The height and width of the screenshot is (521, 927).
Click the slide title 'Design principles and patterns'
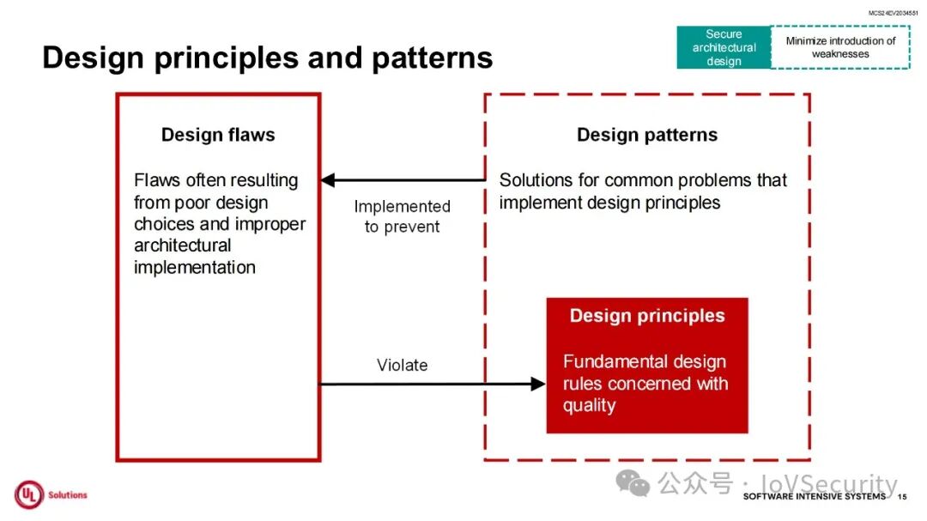tap(267, 58)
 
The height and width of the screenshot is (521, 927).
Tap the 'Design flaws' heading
tap(218, 135)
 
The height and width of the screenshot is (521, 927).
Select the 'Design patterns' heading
tap(647, 135)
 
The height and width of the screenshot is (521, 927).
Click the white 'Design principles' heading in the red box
tap(647, 316)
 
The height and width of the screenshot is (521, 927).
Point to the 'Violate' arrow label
tap(402, 365)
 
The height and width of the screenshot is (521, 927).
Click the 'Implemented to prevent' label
tap(402, 216)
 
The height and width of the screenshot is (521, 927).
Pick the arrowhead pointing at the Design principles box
tap(538, 384)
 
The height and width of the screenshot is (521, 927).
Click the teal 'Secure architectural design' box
tap(724, 47)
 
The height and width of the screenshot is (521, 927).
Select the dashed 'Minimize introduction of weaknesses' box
tap(840, 47)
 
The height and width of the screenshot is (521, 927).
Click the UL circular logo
tap(28, 494)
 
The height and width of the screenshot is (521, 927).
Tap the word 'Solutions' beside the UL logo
tap(68, 495)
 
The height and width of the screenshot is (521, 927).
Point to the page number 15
tap(902, 497)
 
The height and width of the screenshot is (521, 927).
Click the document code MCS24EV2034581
tap(893, 13)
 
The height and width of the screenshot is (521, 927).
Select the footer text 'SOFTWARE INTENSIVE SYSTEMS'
tap(814, 497)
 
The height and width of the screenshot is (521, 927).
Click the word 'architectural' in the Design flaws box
tap(183, 245)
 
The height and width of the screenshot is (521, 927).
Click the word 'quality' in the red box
tap(590, 405)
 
